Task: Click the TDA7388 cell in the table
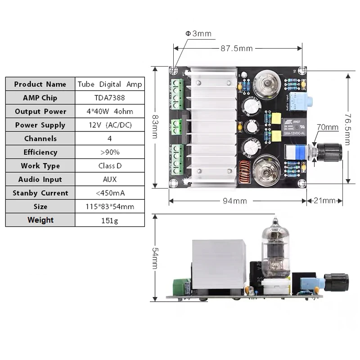coord(109,98)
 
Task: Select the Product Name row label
coord(40,84)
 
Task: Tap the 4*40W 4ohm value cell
coord(109,111)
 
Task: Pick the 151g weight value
coord(109,220)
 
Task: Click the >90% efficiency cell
coord(109,152)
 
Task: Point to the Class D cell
coord(109,166)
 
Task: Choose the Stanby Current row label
coord(40,193)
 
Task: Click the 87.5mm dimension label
coord(236,48)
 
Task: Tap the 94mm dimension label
coord(234,201)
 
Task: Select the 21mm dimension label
coord(323,201)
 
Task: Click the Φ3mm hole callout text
coord(198,34)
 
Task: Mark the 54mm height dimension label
coord(154,258)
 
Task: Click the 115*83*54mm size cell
coord(109,207)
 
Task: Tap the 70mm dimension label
coord(327,127)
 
